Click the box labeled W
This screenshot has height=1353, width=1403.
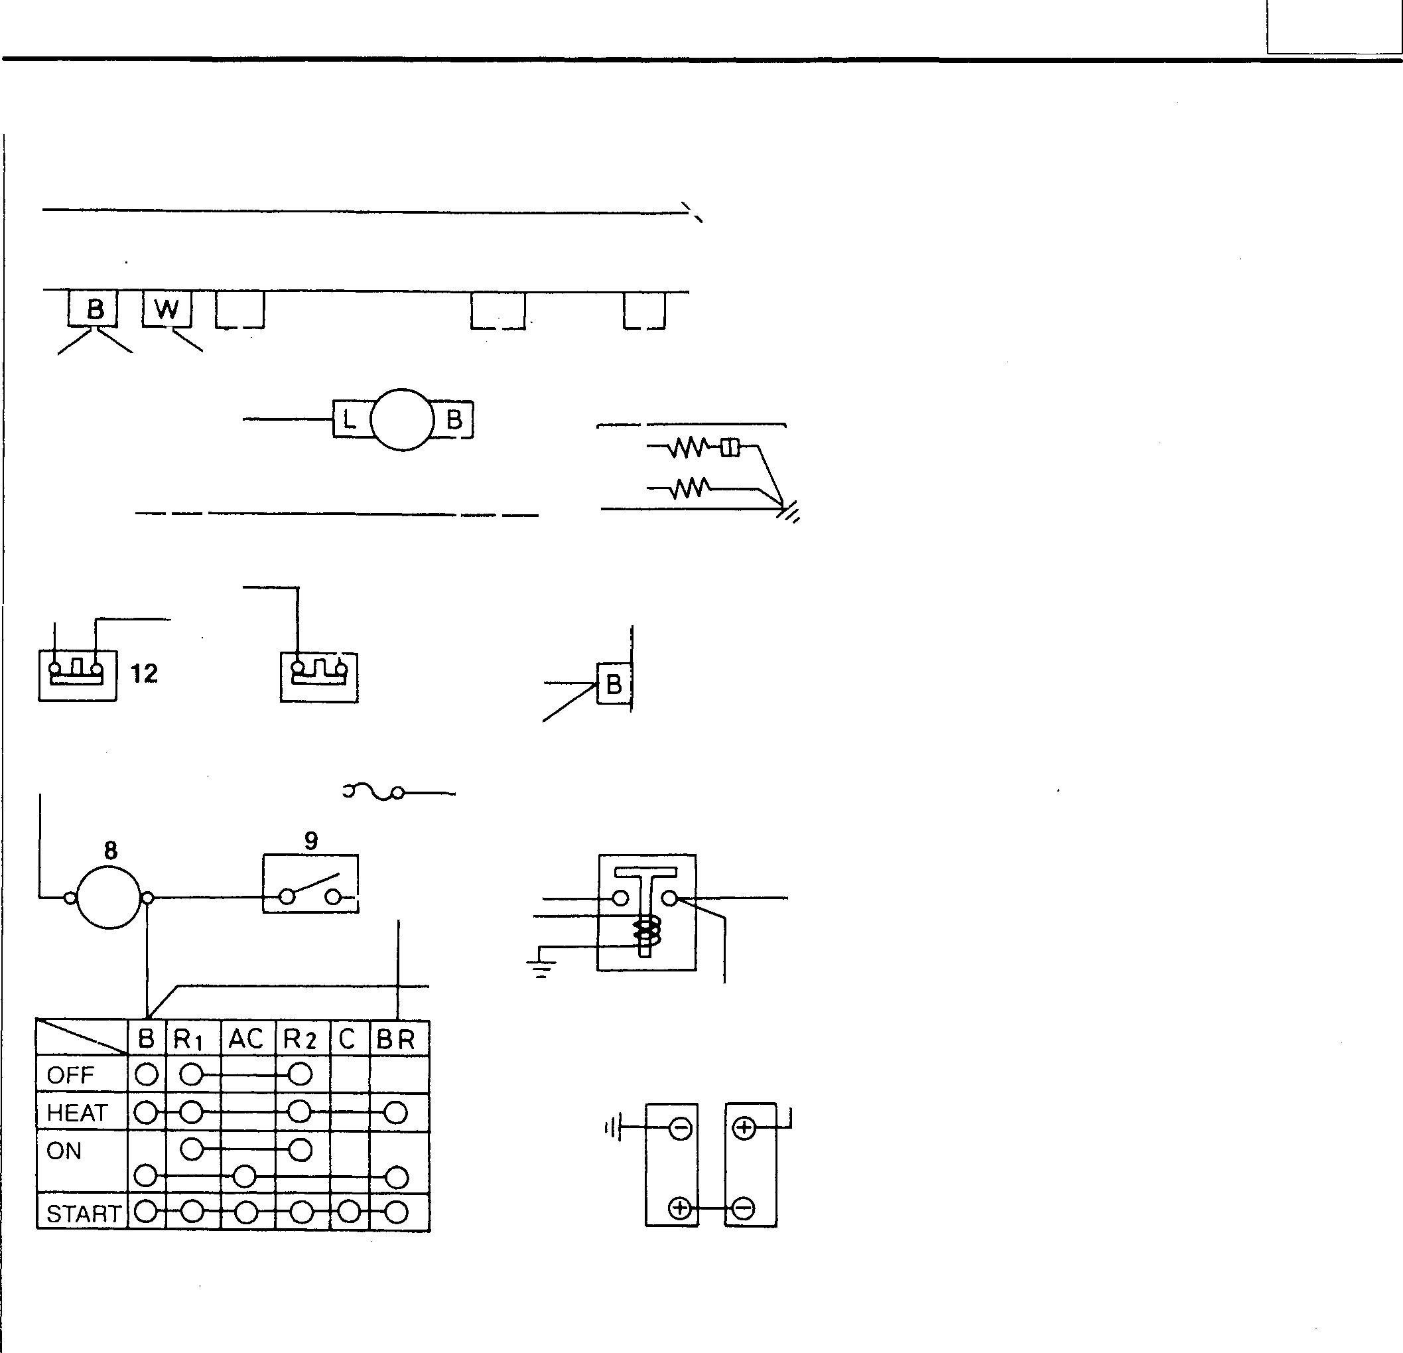(167, 310)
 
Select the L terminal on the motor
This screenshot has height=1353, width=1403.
(350, 419)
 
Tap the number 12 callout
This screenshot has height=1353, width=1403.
(144, 674)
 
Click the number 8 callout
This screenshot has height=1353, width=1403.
(110, 850)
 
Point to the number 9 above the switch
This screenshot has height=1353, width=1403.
(310, 841)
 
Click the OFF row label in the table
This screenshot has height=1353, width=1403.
(70, 1075)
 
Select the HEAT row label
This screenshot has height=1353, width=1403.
(76, 1113)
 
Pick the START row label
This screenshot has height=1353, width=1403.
(82, 1214)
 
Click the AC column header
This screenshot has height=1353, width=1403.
(246, 1038)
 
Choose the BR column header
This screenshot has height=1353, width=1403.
(396, 1039)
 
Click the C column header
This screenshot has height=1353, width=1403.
(348, 1038)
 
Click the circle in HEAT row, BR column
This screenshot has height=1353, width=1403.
(395, 1113)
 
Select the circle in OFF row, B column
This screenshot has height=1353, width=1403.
(146, 1074)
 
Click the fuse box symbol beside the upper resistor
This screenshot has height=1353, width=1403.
(730, 448)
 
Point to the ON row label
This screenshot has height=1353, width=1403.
(64, 1151)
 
